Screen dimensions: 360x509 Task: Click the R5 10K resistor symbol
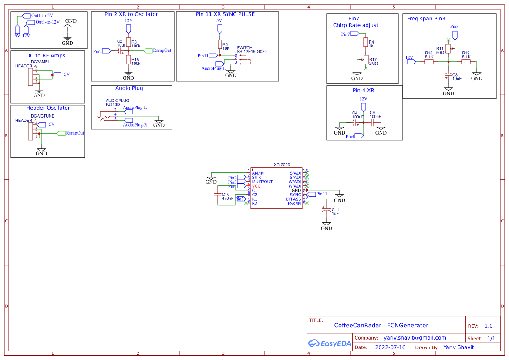219,44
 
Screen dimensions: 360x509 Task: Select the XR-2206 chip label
282,165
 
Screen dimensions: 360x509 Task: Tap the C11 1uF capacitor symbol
327,211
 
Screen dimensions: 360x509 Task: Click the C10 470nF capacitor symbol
218,195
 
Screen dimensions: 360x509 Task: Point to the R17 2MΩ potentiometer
366,60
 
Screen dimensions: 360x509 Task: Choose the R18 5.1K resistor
429,62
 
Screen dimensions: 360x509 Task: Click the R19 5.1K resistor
466,62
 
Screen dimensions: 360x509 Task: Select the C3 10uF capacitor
448,76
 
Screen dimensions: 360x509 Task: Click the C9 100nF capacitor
372,123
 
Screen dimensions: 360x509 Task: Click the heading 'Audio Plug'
129,88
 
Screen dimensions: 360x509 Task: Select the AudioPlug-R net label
135,125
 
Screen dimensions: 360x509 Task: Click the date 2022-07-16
390,347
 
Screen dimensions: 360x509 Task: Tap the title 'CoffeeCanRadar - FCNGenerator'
381,326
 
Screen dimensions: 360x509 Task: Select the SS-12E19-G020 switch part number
252,51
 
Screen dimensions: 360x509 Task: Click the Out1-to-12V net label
47,22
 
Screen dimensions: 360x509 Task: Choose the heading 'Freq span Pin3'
426,19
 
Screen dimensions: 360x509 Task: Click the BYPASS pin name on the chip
293,199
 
